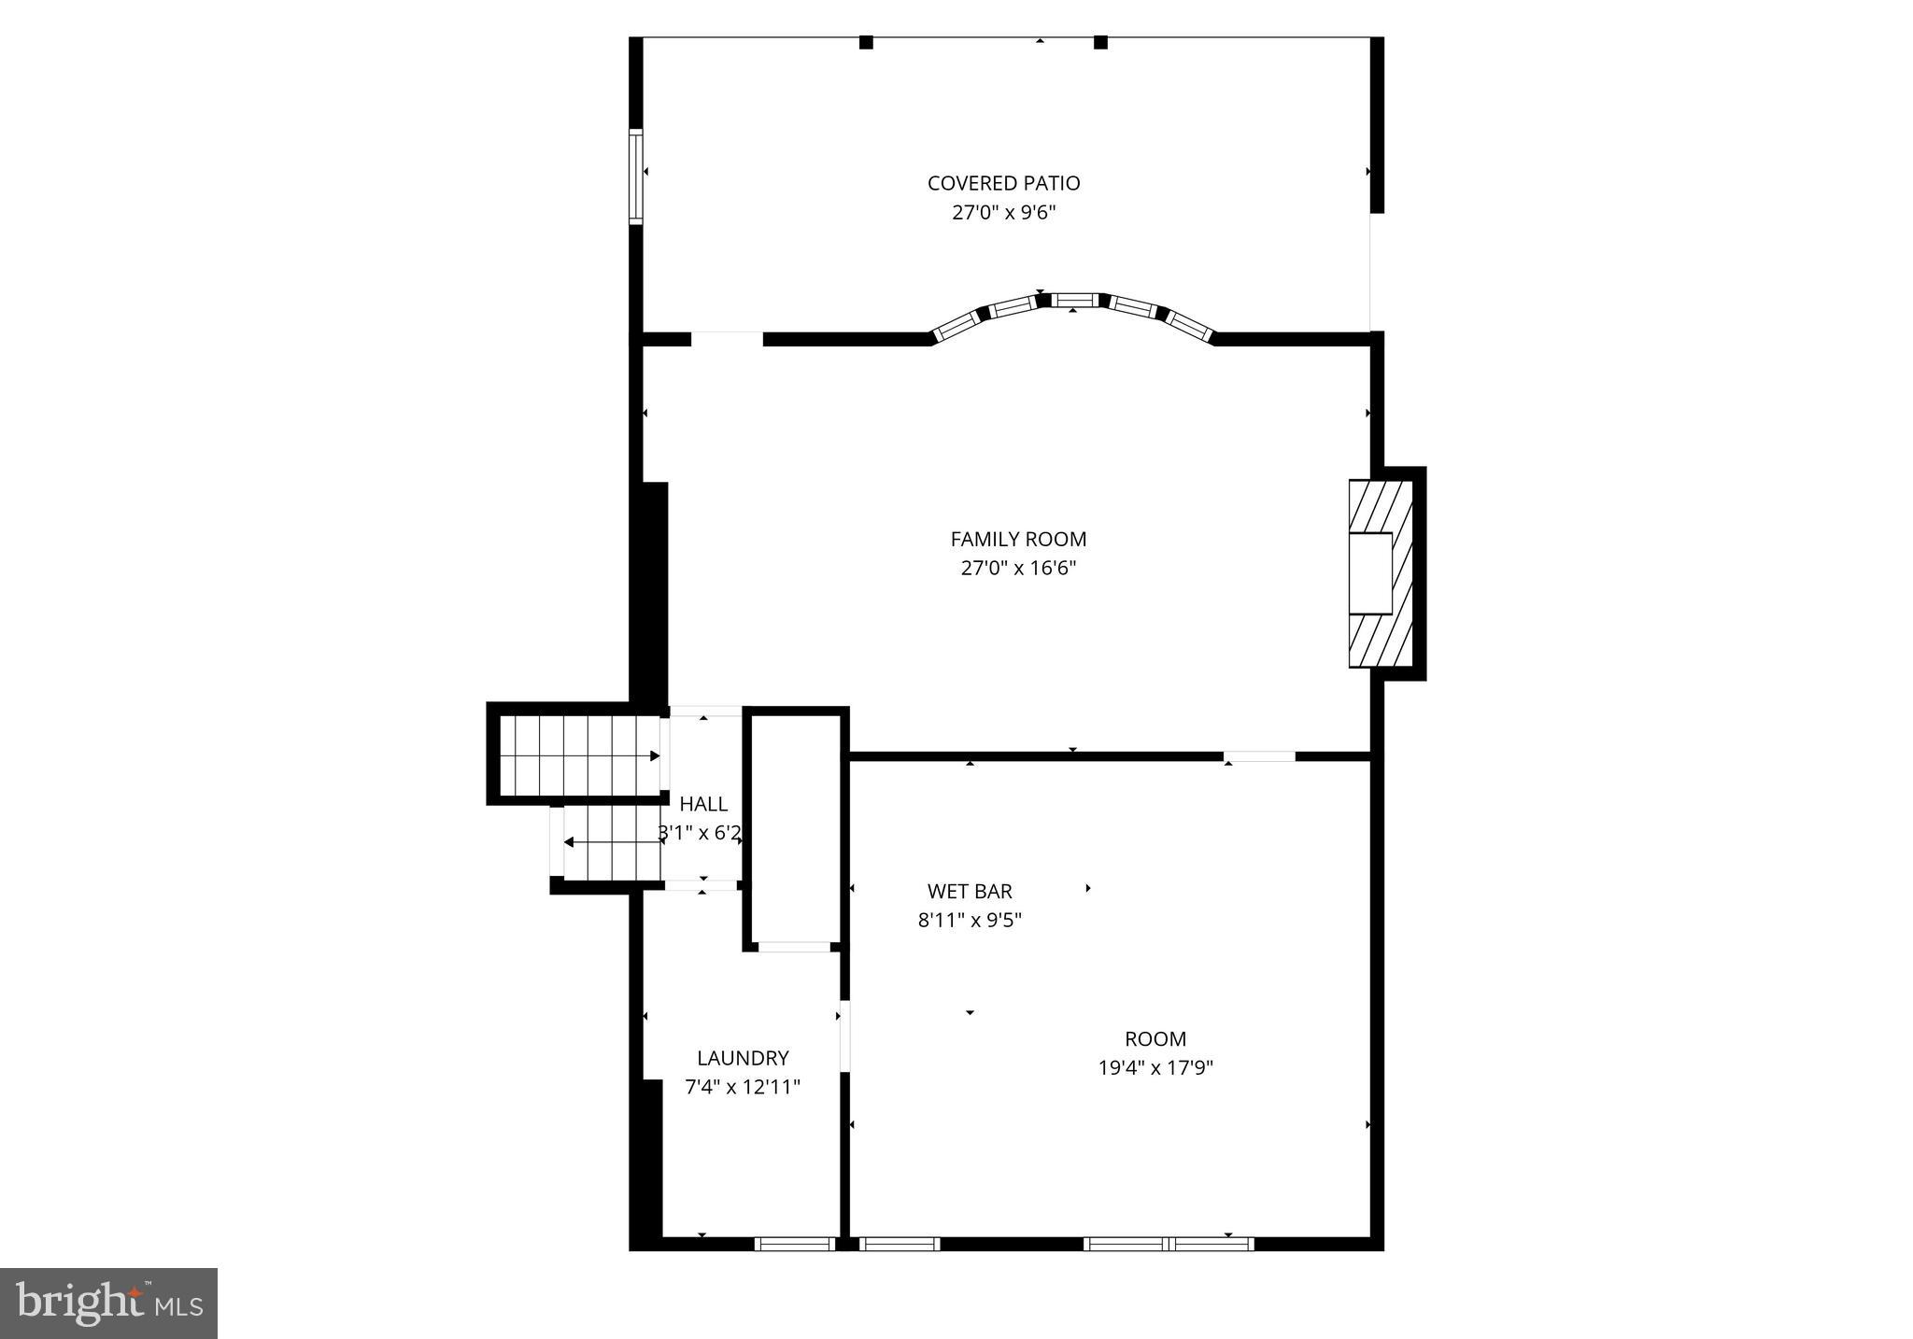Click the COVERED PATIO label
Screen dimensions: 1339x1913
(x=1003, y=183)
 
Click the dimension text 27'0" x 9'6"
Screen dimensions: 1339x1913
(x=1003, y=213)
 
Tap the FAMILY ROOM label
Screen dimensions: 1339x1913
(x=1018, y=539)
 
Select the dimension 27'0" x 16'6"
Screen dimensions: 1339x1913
(x=1018, y=568)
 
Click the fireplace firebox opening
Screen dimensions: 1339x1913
(x=1371, y=572)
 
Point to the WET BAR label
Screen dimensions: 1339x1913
(x=970, y=891)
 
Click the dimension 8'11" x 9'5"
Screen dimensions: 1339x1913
(x=970, y=920)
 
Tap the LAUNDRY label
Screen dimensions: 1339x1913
(x=743, y=1058)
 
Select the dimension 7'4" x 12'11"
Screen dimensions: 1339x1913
(x=743, y=1087)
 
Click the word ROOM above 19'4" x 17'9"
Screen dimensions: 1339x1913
(x=1155, y=1038)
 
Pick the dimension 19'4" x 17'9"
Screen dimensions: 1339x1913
(x=1155, y=1067)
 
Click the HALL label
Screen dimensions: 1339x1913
(x=703, y=804)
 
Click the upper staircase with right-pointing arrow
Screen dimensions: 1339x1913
(x=579, y=754)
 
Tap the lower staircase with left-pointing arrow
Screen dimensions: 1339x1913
(x=612, y=842)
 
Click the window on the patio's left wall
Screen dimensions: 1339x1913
(x=636, y=176)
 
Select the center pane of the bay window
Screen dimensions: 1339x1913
(x=1073, y=300)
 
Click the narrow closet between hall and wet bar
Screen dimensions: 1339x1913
(x=794, y=826)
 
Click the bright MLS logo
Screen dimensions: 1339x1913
(x=108, y=1303)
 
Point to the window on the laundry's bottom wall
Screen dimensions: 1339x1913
(x=794, y=1243)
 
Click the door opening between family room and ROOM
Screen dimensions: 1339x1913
(x=1259, y=755)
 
